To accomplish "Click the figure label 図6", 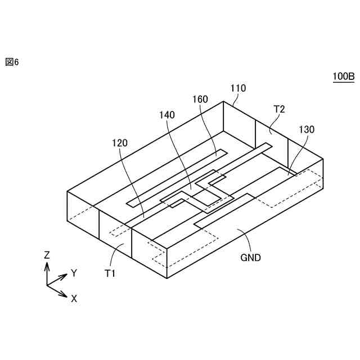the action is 12,62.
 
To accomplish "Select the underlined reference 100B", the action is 343,77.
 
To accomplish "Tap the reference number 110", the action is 238,88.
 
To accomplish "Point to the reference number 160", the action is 200,100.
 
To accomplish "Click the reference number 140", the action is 167,115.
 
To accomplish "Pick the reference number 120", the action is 119,143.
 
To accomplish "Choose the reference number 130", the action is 307,129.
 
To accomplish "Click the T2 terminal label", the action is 279,109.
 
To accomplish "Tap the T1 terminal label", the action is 110,273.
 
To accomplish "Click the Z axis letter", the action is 47,255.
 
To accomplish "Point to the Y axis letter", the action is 74,273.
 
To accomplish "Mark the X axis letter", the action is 74,299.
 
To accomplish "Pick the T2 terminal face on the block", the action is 272,136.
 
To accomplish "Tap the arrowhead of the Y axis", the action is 66,276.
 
